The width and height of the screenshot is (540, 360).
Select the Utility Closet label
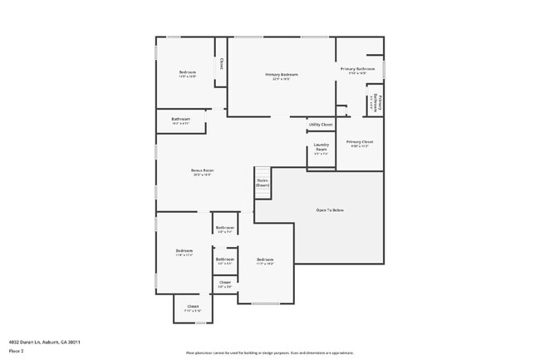(321, 125)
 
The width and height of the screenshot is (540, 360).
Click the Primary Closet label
(360, 142)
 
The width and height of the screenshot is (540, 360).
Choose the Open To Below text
(330, 210)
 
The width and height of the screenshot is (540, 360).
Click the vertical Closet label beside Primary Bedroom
(221, 63)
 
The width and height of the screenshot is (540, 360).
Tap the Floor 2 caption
(17, 350)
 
